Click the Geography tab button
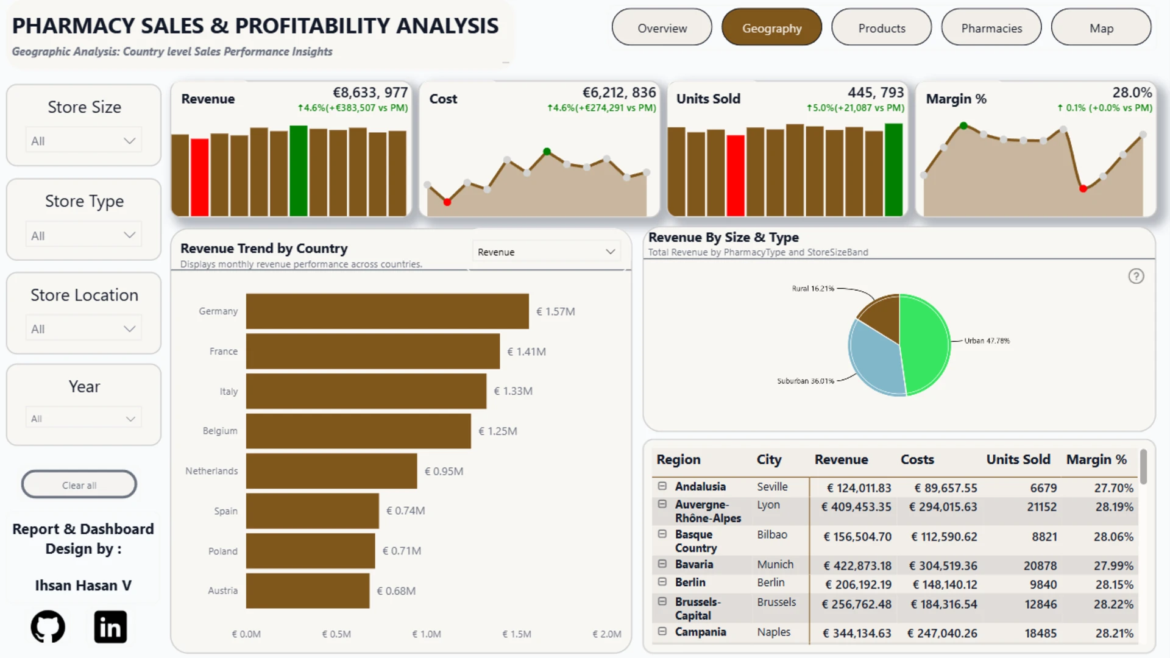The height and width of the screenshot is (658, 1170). [x=771, y=27]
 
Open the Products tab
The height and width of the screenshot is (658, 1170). [x=881, y=27]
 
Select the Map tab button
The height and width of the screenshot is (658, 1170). [x=1101, y=27]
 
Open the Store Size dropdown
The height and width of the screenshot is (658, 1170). [x=83, y=141]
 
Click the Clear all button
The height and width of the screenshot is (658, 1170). [x=79, y=485]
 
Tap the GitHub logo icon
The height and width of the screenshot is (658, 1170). [x=48, y=626]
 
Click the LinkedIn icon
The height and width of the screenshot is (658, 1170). [x=110, y=626]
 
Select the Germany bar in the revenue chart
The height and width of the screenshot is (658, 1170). [x=388, y=311]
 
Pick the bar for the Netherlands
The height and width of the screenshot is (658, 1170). [x=331, y=471]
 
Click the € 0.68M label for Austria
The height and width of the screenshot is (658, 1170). [x=396, y=591]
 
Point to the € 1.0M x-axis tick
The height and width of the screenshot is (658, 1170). [x=427, y=634]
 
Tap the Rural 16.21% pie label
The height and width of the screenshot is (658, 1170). [x=813, y=289]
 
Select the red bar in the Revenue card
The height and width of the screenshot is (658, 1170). [x=200, y=177]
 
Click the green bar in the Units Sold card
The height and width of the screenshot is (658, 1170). [x=893, y=170]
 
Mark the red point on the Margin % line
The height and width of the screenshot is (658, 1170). [x=1083, y=189]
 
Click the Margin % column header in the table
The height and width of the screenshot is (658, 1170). [x=1096, y=459]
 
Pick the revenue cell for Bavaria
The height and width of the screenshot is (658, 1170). [x=857, y=566]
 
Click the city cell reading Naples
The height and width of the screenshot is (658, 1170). [x=774, y=632]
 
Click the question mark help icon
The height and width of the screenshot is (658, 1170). [x=1136, y=277]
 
